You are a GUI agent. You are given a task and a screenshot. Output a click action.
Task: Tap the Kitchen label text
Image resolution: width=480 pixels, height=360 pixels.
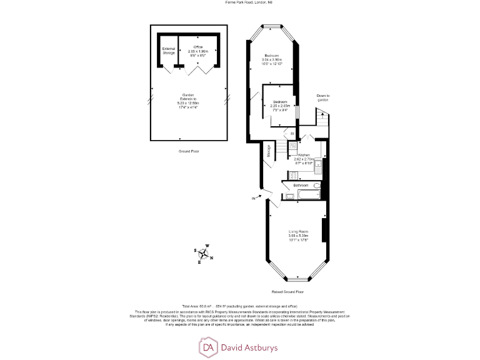point(304,154)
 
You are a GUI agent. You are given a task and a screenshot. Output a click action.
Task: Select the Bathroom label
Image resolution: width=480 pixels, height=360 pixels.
point(301,186)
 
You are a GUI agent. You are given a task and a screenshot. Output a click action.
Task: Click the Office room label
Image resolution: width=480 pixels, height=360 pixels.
point(198,47)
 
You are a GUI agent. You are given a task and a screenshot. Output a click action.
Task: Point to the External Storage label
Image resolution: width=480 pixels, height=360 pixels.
point(168,51)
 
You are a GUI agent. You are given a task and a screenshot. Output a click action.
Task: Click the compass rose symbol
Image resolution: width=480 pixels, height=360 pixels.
point(203,254)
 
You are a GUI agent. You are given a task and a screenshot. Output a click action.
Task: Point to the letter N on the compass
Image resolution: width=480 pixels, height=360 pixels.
point(211,257)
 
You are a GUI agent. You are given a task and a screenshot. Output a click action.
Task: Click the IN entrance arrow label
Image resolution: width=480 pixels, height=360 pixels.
point(254,198)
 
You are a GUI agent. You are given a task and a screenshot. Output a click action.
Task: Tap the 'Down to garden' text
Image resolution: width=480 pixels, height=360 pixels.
point(322,97)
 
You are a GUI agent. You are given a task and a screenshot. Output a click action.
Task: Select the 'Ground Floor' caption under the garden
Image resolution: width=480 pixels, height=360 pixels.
point(188,151)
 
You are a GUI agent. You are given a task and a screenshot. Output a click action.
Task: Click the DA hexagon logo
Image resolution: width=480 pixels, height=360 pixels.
point(207,346)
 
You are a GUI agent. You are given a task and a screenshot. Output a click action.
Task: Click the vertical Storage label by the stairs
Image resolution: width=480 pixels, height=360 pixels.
point(269,152)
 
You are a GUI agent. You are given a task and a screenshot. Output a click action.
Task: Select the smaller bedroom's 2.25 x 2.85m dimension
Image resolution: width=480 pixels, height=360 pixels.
point(279,106)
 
